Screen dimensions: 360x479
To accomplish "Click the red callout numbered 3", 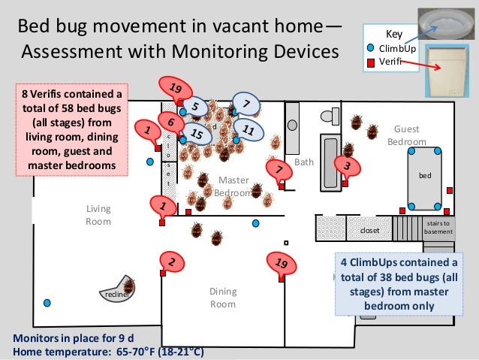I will pyautogui.click(x=347, y=165).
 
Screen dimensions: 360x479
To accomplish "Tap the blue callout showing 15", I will pyautogui.click(x=197, y=135).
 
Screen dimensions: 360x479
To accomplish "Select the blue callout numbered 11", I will pyautogui.click(x=250, y=131).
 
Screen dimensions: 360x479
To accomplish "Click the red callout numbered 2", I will pyautogui.click(x=172, y=262).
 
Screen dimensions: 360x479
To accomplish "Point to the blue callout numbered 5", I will pyautogui.click(x=194, y=107).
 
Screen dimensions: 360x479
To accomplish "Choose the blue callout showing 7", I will pyautogui.click(x=246, y=102).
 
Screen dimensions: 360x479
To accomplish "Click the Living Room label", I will pyautogui.click(x=98, y=215).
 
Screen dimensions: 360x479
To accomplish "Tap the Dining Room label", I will pyautogui.click(x=223, y=298).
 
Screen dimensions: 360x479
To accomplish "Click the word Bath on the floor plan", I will pyautogui.click(x=304, y=162).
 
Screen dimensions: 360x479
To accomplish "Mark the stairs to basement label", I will pyautogui.click(x=438, y=227).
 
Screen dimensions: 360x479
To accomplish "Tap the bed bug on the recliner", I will pyautogui.click(x=129, y=286).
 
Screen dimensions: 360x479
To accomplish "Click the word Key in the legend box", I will pyautogui.click(x=393, y=35).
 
